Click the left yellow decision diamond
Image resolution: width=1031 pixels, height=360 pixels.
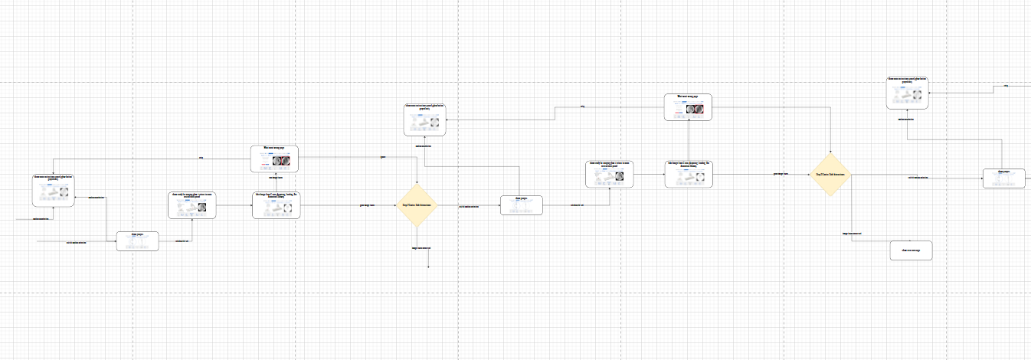416,205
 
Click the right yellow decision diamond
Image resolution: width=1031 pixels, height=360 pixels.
830,175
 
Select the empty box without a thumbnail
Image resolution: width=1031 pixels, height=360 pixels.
911,250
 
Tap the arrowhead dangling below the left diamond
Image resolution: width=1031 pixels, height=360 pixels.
428,267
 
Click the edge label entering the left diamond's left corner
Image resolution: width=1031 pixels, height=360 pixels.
368,205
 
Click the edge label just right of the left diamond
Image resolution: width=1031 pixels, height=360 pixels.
469,206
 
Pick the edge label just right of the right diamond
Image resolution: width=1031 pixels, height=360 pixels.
918,178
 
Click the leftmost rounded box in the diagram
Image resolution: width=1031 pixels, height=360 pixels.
53,190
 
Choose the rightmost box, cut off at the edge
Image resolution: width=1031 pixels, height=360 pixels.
1003,178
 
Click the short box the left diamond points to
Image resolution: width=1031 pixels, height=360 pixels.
522,205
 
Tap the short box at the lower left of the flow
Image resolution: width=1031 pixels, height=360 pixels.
137,241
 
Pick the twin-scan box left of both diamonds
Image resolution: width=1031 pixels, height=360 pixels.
192,205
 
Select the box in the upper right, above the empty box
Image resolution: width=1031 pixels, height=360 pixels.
908,93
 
